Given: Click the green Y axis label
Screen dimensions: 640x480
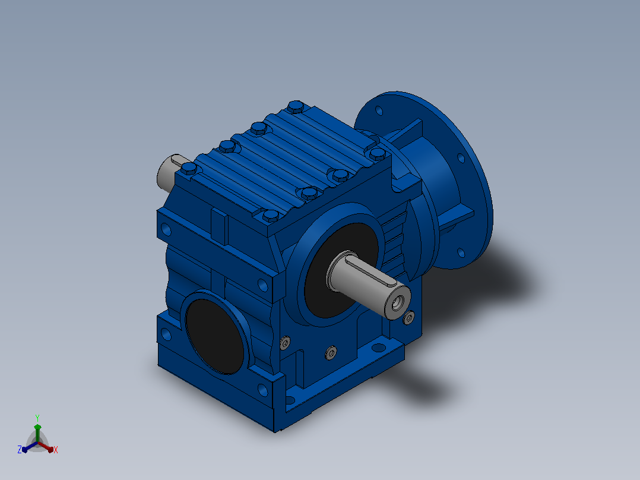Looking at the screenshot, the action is click(x=37, y=418).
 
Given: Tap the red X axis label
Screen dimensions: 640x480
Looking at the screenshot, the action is click(x=56, y=450).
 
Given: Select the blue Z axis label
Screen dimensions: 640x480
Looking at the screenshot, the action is click(x=20, y=449).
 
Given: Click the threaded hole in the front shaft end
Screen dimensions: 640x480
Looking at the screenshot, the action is click(x=397, y=303).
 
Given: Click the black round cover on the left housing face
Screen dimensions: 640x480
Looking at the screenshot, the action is click(x=214, y=336).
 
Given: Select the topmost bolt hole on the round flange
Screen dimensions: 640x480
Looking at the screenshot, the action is click(x=379, y=110).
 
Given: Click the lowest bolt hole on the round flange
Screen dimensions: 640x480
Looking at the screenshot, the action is click(x=461, y=253).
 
